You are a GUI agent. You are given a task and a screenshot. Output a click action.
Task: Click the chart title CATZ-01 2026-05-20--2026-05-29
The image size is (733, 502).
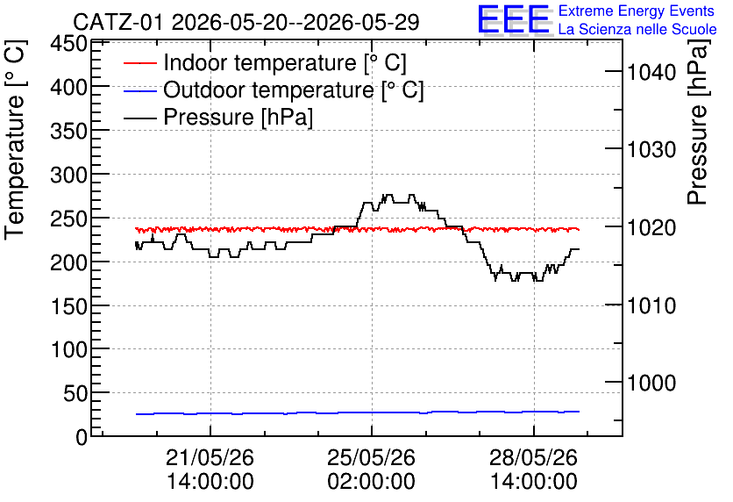tap(246, 22)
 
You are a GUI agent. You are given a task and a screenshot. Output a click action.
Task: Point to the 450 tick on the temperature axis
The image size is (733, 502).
tap(69, 45)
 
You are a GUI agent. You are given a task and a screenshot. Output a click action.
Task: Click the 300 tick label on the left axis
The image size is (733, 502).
tap(69, 176)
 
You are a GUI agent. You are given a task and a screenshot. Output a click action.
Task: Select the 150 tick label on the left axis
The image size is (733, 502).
tap(69, 306)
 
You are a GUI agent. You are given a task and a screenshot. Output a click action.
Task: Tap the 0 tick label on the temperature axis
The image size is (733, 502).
tap(82, 437)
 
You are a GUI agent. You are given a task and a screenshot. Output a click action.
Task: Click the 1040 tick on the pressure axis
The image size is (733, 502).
tap(651, 73)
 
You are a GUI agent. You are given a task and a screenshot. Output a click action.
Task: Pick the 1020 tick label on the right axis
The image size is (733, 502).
tap(651, 228)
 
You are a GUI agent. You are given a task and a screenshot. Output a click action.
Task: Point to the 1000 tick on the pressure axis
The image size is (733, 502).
tap(651, 384)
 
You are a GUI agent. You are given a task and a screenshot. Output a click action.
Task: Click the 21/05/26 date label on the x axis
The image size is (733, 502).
tap(210, 457)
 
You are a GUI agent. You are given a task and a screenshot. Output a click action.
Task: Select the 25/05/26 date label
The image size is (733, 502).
tap(371, 457)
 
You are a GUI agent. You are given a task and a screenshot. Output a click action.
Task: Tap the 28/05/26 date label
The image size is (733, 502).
tap(533, 457)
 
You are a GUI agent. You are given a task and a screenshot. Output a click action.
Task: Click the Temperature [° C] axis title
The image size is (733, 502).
tap(15, 140)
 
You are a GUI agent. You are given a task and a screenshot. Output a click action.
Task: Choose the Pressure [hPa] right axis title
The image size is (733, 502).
tap(697, 122)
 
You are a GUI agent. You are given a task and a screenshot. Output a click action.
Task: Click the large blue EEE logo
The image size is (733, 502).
tap(514, 19)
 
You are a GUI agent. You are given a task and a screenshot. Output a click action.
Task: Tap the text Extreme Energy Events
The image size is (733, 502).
tap(637, 11)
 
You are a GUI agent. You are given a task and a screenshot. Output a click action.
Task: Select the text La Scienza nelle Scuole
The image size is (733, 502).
tap(637, 29)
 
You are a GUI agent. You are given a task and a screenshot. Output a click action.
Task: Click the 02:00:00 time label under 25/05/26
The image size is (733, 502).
tap(371, 482)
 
